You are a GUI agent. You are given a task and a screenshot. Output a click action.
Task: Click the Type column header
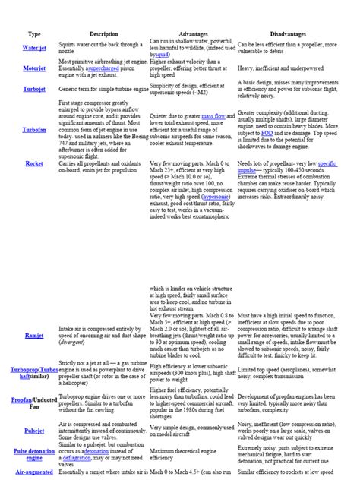(x=34, y=34)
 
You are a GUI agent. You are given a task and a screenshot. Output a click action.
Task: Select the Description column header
(x=103, y=34)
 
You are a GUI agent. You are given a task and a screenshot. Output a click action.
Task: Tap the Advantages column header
(x=192, y=34)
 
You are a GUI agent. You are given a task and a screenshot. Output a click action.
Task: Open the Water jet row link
(x=34, y=47)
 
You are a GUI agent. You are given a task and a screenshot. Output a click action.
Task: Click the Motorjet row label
(x=34, y=68)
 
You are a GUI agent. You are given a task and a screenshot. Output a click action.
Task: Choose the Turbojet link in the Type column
(x=34, y=89)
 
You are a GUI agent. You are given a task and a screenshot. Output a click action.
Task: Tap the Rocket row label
(x=34, y=163)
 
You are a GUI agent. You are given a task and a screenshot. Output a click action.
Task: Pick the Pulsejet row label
(x=34, y=431)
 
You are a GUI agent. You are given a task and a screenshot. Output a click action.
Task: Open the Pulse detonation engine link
(x=34, y=454)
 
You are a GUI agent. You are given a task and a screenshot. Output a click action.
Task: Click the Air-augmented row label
(x=34, y=472)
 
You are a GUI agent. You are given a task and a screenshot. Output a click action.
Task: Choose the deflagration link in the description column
(x=84, y=459)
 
